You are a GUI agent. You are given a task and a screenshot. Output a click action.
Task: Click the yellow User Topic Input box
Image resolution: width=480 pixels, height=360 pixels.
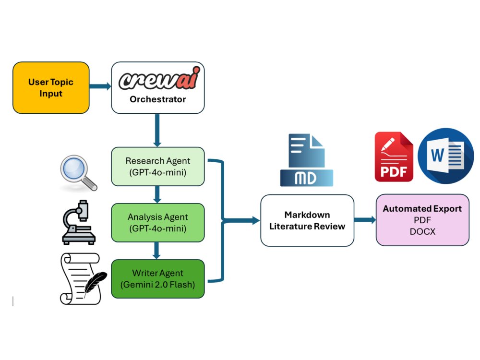tap(51, 87)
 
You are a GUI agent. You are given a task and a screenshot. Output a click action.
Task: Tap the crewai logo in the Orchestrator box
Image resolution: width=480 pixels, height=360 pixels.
tap(158, 80)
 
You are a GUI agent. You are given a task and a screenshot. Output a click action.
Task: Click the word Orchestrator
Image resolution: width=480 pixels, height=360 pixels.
tap(158, 99)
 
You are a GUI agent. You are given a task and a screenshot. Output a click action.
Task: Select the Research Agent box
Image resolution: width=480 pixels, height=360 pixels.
tap(158, 166)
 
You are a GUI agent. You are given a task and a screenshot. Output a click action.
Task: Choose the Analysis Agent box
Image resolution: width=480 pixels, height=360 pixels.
tap(158, 223)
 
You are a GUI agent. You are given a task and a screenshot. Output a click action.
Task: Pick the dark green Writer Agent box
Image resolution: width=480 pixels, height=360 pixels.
tap(158, 278)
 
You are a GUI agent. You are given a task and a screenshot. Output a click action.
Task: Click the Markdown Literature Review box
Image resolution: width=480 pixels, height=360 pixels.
tap(307, 220)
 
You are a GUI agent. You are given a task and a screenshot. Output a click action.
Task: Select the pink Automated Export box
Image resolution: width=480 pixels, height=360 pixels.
tap(422, 220)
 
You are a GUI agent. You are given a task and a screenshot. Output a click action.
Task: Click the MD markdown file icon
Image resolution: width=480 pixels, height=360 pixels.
tap(306, 160)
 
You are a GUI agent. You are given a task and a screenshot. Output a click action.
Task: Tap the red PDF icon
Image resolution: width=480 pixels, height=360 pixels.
tap(394, 156)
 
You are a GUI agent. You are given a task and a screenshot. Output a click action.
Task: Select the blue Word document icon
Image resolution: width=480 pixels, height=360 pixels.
tap(445, 156)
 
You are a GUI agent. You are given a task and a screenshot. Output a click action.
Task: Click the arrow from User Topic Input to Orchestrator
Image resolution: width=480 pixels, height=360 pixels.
tap(100, 87)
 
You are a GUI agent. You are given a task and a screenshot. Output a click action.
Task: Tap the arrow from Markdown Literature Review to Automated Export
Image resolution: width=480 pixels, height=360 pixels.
tap(365, 220)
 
